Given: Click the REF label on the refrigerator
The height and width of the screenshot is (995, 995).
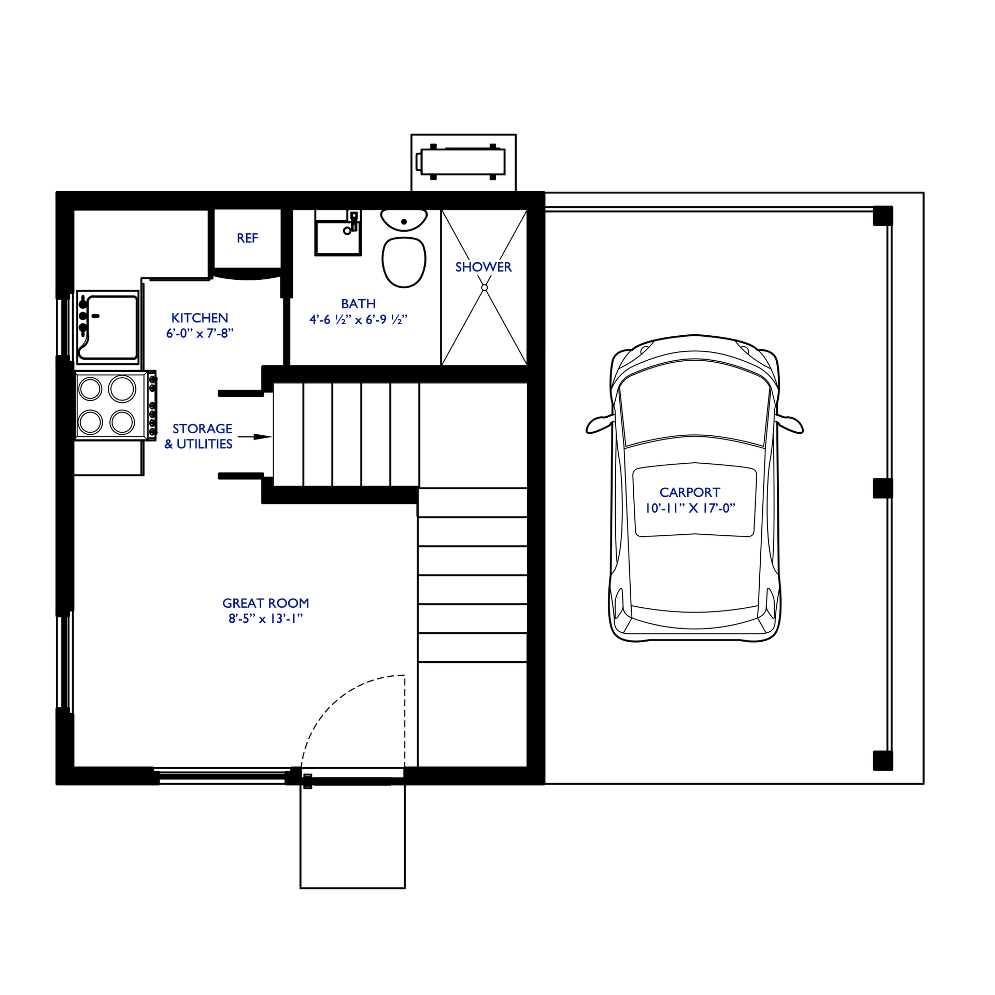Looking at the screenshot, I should click(247, 238).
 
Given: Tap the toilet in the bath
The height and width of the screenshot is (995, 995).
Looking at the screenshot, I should click(404, 262).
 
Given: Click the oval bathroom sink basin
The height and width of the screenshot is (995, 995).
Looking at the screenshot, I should click(404, 220).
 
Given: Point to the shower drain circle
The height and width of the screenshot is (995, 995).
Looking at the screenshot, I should click(484, 288).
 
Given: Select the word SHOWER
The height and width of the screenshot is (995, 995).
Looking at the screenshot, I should click(483, 267).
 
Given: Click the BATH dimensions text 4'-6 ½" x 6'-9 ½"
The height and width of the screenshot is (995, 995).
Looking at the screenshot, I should click(358, 320).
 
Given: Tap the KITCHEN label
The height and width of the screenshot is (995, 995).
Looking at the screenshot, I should click(200, 318).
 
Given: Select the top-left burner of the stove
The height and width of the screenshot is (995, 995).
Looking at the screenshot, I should click(91, 389).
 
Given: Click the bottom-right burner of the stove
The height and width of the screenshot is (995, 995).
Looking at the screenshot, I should click(122, 422).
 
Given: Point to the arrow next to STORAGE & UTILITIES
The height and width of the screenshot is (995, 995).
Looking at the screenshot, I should click(255, 437).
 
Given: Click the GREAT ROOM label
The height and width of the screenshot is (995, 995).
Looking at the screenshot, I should click(265, 603).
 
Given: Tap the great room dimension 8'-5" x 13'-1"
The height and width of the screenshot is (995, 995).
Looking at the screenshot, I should click(265, 618).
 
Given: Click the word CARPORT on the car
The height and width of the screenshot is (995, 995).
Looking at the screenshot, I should click(689, 492).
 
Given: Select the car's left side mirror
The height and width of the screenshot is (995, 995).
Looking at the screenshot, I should click(599, 424).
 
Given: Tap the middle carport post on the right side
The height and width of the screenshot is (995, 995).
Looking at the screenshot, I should click(883, 488).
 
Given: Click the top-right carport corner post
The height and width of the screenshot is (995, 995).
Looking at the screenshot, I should click(883, 216).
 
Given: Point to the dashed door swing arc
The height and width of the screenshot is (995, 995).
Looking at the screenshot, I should click(332, 700).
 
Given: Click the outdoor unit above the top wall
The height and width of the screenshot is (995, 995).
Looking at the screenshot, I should click(461, 162).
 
